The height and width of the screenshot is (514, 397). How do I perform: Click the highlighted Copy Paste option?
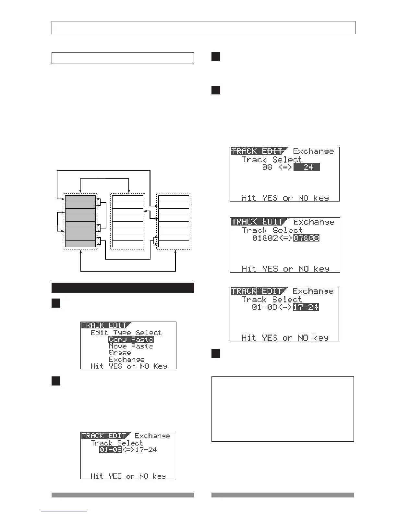(x=131, y=339)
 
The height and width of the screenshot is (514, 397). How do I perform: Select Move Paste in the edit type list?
(x=131, y=346)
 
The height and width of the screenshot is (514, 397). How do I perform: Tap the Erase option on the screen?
(x=120, y=353)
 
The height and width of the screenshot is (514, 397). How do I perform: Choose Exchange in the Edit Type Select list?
(x=126, y=360)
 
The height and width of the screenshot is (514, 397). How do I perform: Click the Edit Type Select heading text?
(x=126, y=333)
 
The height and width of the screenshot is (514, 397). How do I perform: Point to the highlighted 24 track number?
(x=307, y=167)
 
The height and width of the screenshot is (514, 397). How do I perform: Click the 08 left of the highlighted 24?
(x=267, y=167)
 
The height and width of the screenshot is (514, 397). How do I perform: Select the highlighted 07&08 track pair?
(x=307, y=238)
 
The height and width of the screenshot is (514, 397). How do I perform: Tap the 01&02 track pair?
(x=263, y=238)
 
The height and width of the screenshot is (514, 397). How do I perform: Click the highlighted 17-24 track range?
(x=306, y=307)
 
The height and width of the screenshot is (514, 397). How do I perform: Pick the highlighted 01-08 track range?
(x=111, y=450)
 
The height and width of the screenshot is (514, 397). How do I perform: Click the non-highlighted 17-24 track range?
(x=146, y=450)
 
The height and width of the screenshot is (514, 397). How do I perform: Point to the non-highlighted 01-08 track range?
(x=263, y=307)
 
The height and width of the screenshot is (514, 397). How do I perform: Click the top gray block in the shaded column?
(x=80, y=199)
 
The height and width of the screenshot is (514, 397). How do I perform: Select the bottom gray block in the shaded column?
(x=80, y=244)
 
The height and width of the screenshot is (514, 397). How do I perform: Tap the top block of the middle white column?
(x=127, y=199)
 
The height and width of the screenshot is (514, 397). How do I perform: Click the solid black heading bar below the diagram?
(x=123, y=288)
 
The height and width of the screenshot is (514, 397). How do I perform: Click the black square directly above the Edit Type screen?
(x=56, y=303)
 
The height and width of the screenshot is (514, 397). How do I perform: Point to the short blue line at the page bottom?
(x=64, y=511)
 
